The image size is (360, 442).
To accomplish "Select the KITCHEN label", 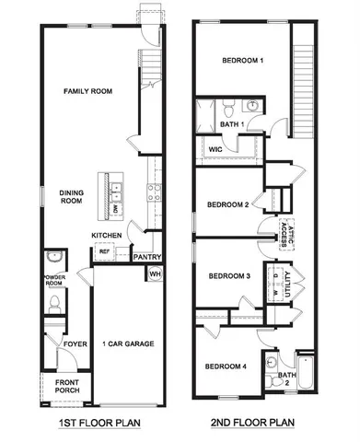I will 107,236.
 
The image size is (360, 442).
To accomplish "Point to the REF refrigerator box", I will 104,251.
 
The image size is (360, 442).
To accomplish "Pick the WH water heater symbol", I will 155,274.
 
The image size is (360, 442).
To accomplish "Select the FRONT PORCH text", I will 67,387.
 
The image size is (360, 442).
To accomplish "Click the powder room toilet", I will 53,302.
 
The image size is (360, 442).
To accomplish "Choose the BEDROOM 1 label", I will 243,61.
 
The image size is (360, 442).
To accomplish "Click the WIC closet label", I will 215,148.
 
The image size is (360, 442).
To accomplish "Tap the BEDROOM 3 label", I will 229,276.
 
